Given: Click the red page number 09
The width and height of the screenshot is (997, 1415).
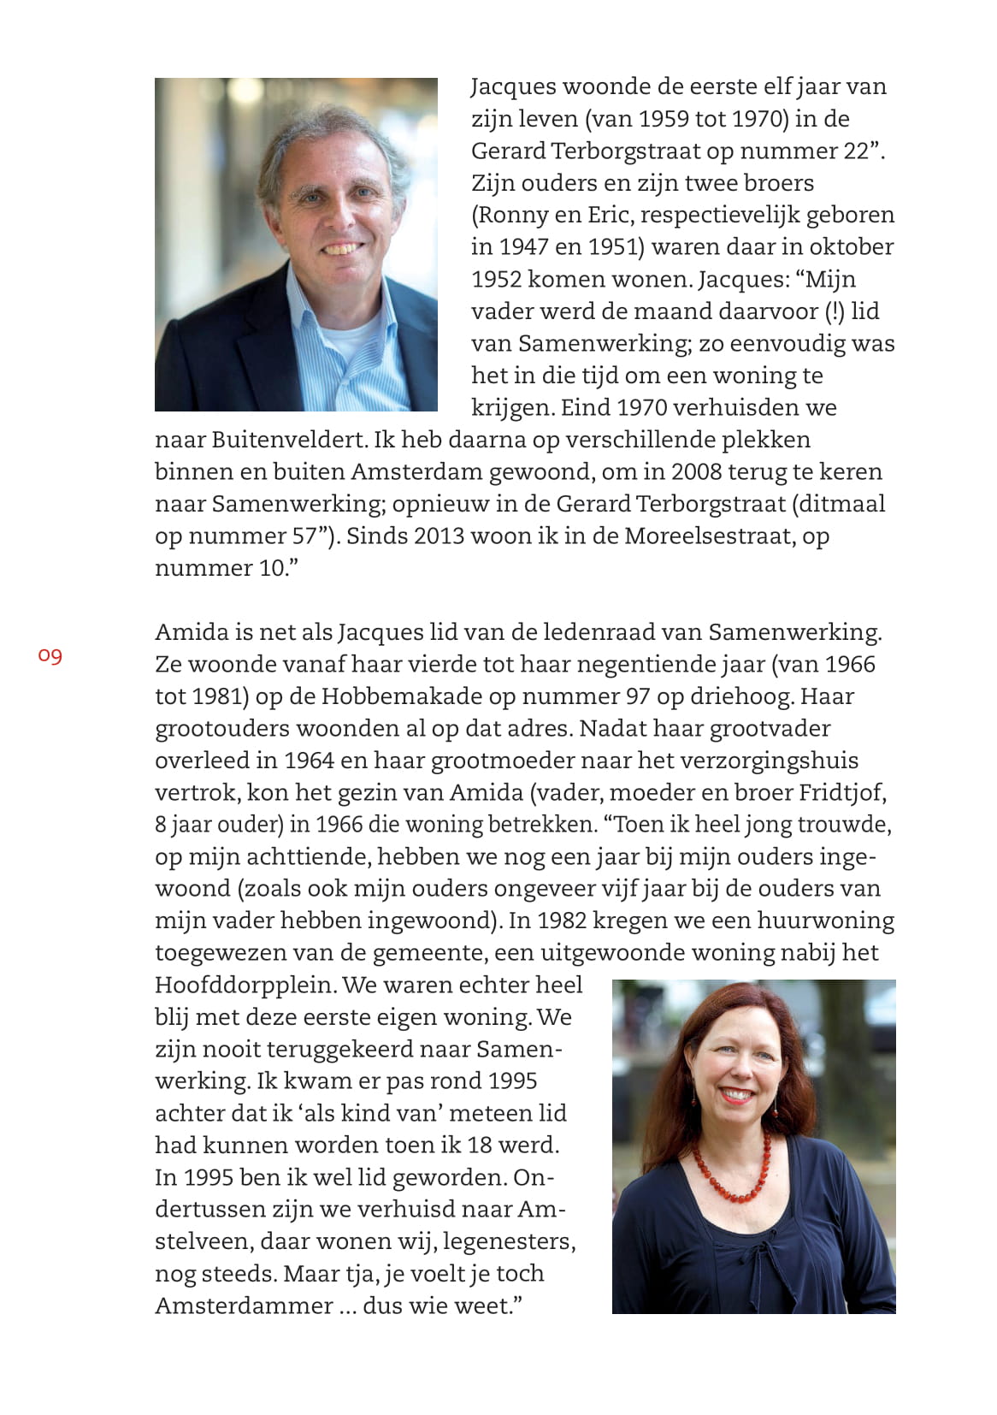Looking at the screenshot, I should [x=50, y=656].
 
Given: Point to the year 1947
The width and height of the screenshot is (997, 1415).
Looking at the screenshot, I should [x=522, y=247].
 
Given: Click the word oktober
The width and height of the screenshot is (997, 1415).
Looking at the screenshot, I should [x=851, y=247].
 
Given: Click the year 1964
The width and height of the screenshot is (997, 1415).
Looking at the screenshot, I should [x=310, y=761].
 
